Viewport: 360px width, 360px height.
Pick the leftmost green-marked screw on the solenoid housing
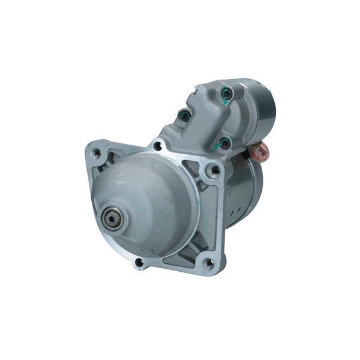185,115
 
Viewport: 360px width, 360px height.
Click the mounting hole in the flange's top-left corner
95,154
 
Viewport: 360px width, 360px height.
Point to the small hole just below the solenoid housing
157,146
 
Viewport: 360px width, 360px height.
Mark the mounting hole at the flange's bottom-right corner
208,262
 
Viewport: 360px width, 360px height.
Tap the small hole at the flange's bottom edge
139,262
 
